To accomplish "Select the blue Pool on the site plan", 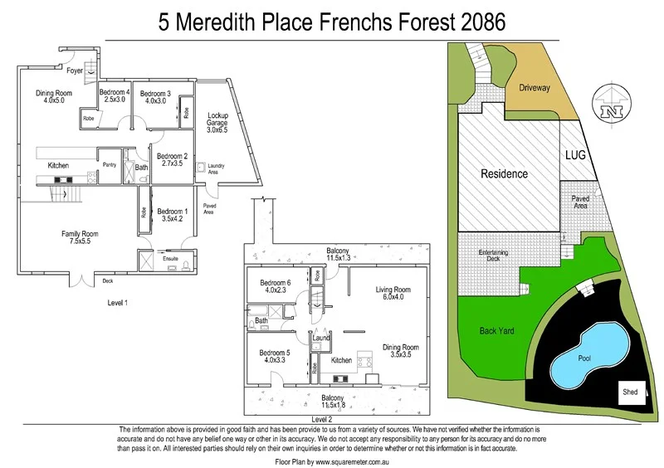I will click(591, 357).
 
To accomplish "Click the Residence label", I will click(505, 174).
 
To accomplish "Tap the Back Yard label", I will click(497, 330).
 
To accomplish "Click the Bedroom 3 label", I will click(155, 97).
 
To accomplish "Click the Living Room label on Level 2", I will click(393, 294).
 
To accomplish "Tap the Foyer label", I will click(75, 71).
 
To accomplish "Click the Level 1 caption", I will click(117, 302).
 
